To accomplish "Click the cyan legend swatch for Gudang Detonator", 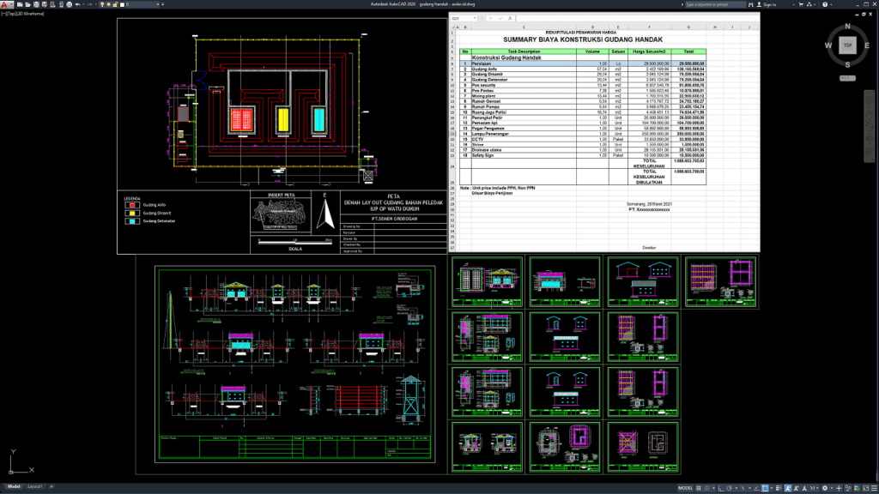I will (x=132, y=221).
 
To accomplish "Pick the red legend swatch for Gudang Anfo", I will (x=132, y=204).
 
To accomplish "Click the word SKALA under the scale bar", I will (x=294, y=250).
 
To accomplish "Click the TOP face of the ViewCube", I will (x=847, y=45).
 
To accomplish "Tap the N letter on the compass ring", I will (x=847, y=25).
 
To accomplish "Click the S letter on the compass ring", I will (x=847, y=64).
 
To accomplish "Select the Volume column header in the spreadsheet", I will (x=592, y=51).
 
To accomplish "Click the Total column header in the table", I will (x=688, y=51).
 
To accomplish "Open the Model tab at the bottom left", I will (x=13, y=487).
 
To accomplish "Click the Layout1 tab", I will (x=34, y=487).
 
